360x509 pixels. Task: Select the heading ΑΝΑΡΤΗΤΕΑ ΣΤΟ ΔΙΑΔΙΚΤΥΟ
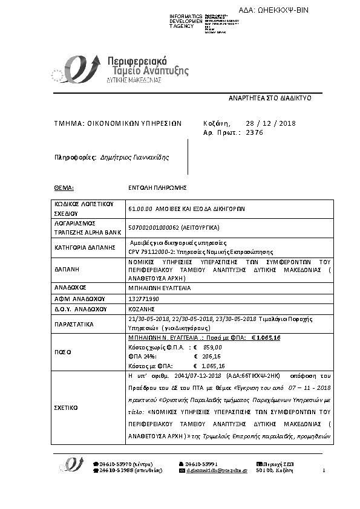click(269, 97)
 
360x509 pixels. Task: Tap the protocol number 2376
click(255, 132)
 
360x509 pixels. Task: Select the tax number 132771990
click(143, 299)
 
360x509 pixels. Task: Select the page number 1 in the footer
click(324, 470)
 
